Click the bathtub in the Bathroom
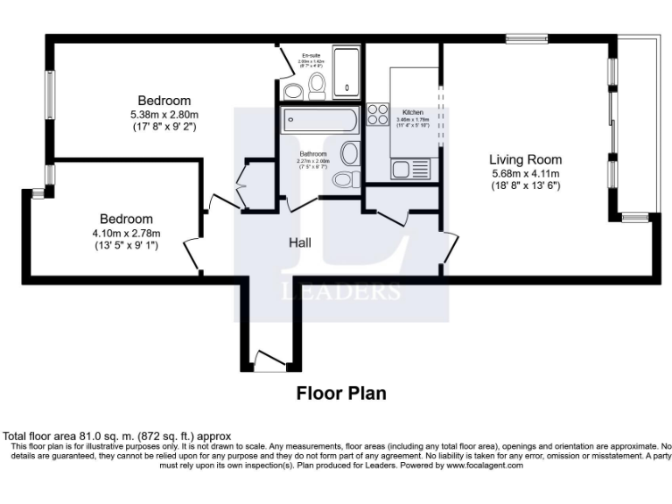click(318, 121)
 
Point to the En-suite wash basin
click(293, 90)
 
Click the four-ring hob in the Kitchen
click(378, 115)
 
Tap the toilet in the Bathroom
click(346, 179)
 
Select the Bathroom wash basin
click(349, 153)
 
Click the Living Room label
click(525, 159)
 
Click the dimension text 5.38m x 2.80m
click(164, 115)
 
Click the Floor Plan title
click(340, 393)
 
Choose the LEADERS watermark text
click(341, 291)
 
